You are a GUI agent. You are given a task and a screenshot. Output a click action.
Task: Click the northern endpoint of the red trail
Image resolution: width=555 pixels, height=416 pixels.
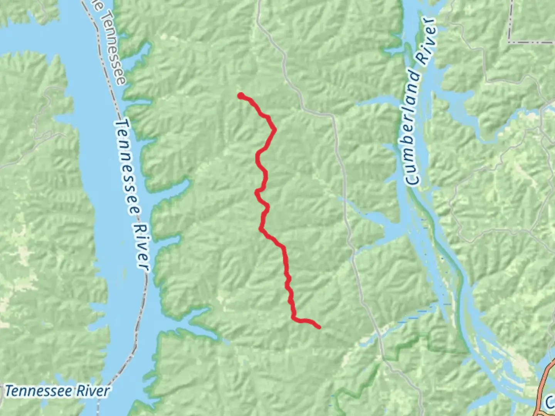(240, 96)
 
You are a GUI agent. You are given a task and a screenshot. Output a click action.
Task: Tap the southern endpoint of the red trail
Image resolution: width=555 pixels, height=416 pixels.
(319, 327)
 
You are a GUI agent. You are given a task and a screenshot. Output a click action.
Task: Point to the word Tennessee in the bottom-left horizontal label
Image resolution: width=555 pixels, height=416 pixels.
(39, 391)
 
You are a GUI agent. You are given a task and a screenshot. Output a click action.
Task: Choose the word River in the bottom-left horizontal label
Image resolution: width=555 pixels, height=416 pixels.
(92, 391)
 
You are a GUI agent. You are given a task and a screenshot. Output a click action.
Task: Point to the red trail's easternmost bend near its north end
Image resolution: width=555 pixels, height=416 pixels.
(274, 129)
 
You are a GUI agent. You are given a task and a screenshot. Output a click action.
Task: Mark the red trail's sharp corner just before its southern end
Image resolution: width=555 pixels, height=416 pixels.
(294, 318)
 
